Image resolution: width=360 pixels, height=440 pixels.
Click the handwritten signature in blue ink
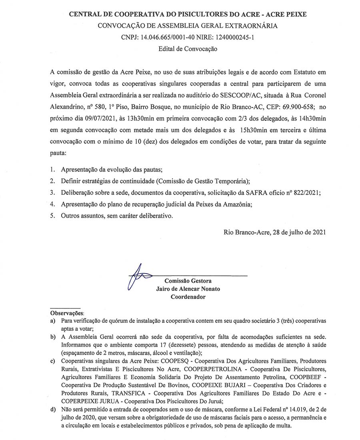coord(138,276)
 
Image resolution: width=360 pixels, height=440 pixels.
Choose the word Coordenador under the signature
coord(188,297)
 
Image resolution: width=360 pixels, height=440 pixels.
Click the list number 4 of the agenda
coord(52,204)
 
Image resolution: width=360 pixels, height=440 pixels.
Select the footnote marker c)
coord(53,362)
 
